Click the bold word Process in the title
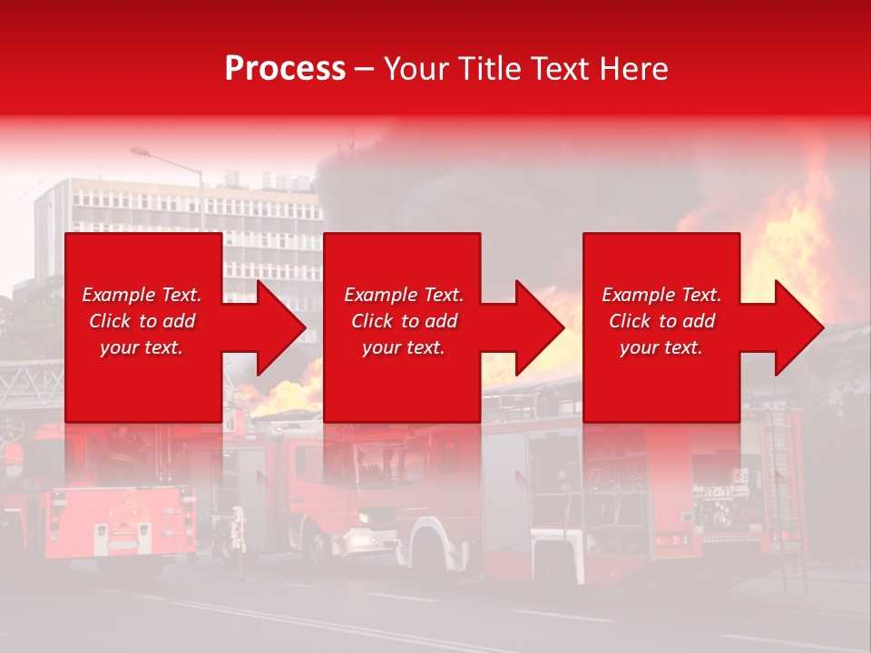[285, 68]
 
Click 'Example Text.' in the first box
[142, 295]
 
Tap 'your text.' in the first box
[142, 347]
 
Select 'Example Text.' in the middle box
[404, 295]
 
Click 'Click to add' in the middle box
[404, 321]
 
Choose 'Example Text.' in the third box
[661, 295]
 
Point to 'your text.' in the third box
[661, 347]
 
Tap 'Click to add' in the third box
[661, 321]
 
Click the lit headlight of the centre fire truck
[360, 541]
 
